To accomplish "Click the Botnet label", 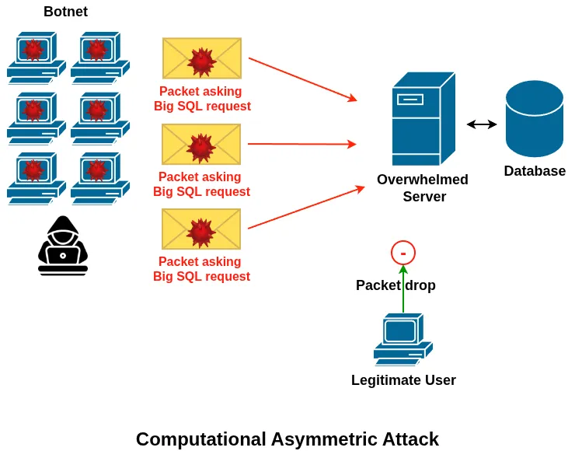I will pyautogui.click(x=65, y=12).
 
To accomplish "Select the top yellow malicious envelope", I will pyautogui.click(x=202, y=58).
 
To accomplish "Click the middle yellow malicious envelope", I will pyautogui.click(x=201, y=144).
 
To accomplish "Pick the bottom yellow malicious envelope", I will pyautogui.click(x=201, y=229).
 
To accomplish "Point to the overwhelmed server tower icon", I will pyautogui.click(x=423, y=119).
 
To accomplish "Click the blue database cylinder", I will pyautogui.click(x=534, y=119).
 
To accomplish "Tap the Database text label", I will pyautogui.click(x=535, y=171).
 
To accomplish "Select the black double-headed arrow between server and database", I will pyautogui.click(x=482, y=124).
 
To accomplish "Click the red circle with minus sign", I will pyautogui.click(x=403, y=253).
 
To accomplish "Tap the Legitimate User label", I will pyautogui.click(x=403, y=380).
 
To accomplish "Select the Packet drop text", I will pyautogui.click(x=396, y=285).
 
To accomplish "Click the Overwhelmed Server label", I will pyautogui.click(x=423, y=188).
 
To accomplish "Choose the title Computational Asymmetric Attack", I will pyautogui.click(x=287, y=439).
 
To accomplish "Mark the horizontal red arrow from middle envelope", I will pyautogui.click(x=301, y=144).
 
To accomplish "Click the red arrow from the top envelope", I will pyautogui.click(x=302, y=79).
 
